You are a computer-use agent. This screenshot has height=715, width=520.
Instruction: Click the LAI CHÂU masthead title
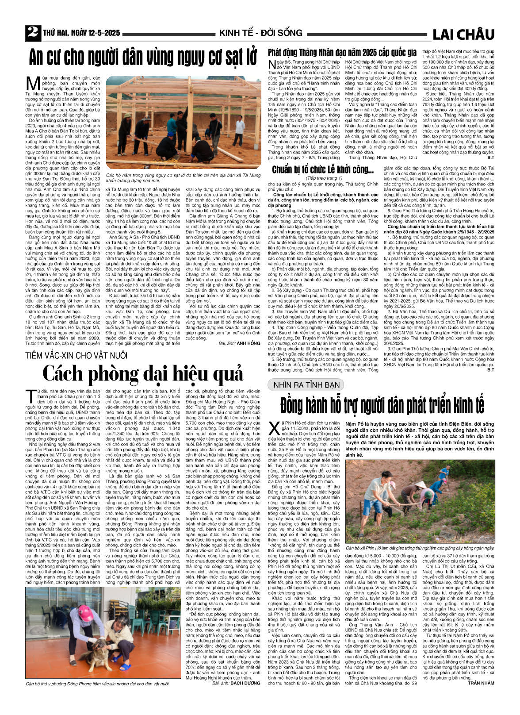click(463, 34)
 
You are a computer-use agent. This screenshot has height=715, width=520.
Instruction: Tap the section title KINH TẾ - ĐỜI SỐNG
click(260, 33)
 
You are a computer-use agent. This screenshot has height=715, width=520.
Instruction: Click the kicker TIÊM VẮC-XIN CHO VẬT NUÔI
click(76, 355)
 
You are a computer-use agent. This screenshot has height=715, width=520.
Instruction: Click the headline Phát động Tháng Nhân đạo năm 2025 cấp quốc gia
click(342, 52)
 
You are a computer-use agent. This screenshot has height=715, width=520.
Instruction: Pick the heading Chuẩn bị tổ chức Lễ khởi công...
click(323, 170)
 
